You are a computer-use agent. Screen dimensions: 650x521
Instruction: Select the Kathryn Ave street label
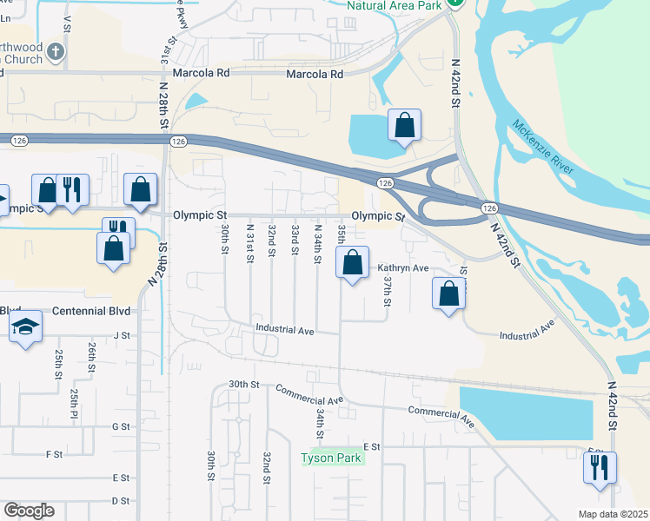403,268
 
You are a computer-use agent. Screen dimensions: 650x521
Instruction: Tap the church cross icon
56,51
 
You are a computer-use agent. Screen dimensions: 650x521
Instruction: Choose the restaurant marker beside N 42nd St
600,469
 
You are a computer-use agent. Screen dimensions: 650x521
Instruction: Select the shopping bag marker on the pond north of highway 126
404,126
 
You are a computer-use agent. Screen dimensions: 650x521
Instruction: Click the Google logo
29,511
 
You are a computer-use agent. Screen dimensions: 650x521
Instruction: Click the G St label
121,426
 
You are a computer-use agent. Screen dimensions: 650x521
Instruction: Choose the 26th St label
91,357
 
